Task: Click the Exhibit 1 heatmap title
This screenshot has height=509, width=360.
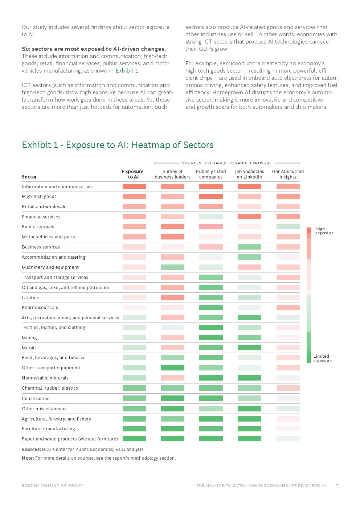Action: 118,145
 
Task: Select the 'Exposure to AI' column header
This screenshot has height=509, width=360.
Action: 133,174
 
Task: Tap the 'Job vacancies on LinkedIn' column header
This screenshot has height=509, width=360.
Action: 249,174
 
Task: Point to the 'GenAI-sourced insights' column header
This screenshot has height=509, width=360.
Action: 288,174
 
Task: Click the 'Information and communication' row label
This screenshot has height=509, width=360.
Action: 57,187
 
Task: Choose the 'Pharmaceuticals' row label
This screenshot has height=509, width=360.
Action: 40,308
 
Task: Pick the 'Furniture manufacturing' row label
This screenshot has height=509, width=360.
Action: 48,429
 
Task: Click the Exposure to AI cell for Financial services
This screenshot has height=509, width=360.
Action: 134,217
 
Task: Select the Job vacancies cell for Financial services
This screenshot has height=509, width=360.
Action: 249,217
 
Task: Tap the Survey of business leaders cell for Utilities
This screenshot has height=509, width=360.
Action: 173,297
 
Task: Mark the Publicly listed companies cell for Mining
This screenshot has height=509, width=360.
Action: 211,338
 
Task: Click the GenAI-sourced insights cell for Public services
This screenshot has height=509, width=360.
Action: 288,227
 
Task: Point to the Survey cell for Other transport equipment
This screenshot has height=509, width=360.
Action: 173,368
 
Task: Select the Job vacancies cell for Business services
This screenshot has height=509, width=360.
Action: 249,247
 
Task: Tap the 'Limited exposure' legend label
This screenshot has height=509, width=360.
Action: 322,358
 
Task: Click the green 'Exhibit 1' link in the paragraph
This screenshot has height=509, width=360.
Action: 127,71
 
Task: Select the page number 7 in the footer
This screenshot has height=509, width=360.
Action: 337,486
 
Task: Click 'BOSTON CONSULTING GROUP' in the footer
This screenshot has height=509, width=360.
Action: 52,486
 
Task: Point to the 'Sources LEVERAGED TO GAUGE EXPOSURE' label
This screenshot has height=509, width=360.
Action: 227,163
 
